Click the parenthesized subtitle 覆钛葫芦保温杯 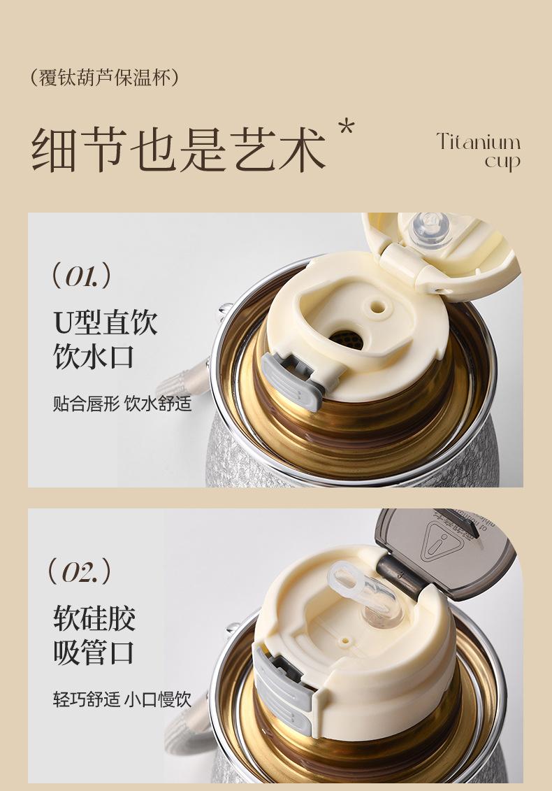104,78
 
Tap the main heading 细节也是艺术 179,150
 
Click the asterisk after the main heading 347,127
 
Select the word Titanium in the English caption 479,142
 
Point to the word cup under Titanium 502,162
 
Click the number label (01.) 81,276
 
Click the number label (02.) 79,571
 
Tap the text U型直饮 106,322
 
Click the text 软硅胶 95,618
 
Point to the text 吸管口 94,653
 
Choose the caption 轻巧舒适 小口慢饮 122,699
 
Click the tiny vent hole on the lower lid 345,641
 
